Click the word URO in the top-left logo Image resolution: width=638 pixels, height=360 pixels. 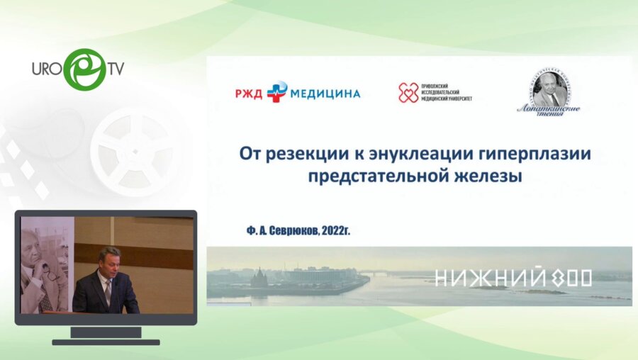[47, 69]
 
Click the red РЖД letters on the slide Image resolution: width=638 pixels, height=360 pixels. [250, 93]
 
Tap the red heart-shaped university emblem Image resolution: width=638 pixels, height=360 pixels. [408, 93]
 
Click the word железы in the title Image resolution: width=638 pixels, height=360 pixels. [486, 177]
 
